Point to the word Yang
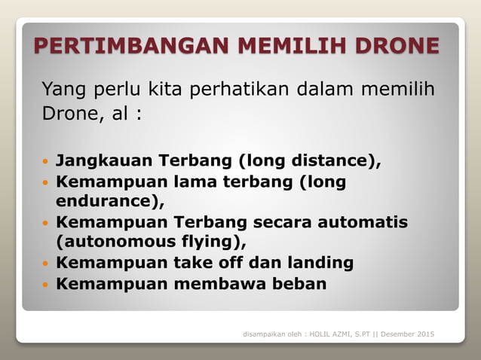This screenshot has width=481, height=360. coord(63,91)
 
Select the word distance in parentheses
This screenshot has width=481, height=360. coord(329,160)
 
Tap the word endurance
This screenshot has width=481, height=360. coord(106,202)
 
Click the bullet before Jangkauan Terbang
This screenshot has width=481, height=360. coord(44,161)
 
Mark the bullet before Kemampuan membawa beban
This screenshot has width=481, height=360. coord(44,285)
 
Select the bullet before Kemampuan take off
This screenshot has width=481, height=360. coord(44,264)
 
